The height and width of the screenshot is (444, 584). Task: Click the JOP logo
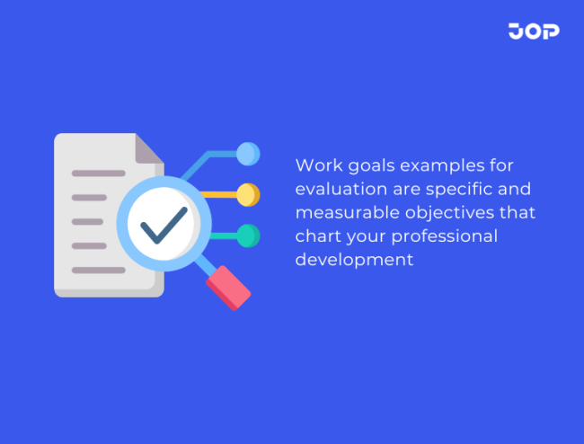[x=534, y=31]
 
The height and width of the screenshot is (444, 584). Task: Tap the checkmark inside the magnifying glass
[x=164, y=225]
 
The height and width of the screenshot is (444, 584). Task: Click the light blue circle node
[x=248, y=154]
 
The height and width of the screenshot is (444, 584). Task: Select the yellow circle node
[x=248, y=194]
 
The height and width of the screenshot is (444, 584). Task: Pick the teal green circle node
[x=248, y=235]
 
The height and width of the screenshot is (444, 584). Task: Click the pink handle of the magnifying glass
[x=228, y=288]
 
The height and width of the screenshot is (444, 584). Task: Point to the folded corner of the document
[x=149, y=148]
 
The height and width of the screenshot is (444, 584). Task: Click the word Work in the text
[x=314, y=166]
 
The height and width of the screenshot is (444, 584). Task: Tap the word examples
[x=435, y=166]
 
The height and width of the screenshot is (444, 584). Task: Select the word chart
[x=314, y=236]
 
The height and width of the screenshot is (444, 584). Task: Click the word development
[x=354, y=260]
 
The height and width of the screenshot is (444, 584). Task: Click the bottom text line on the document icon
[x=99, y=270]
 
